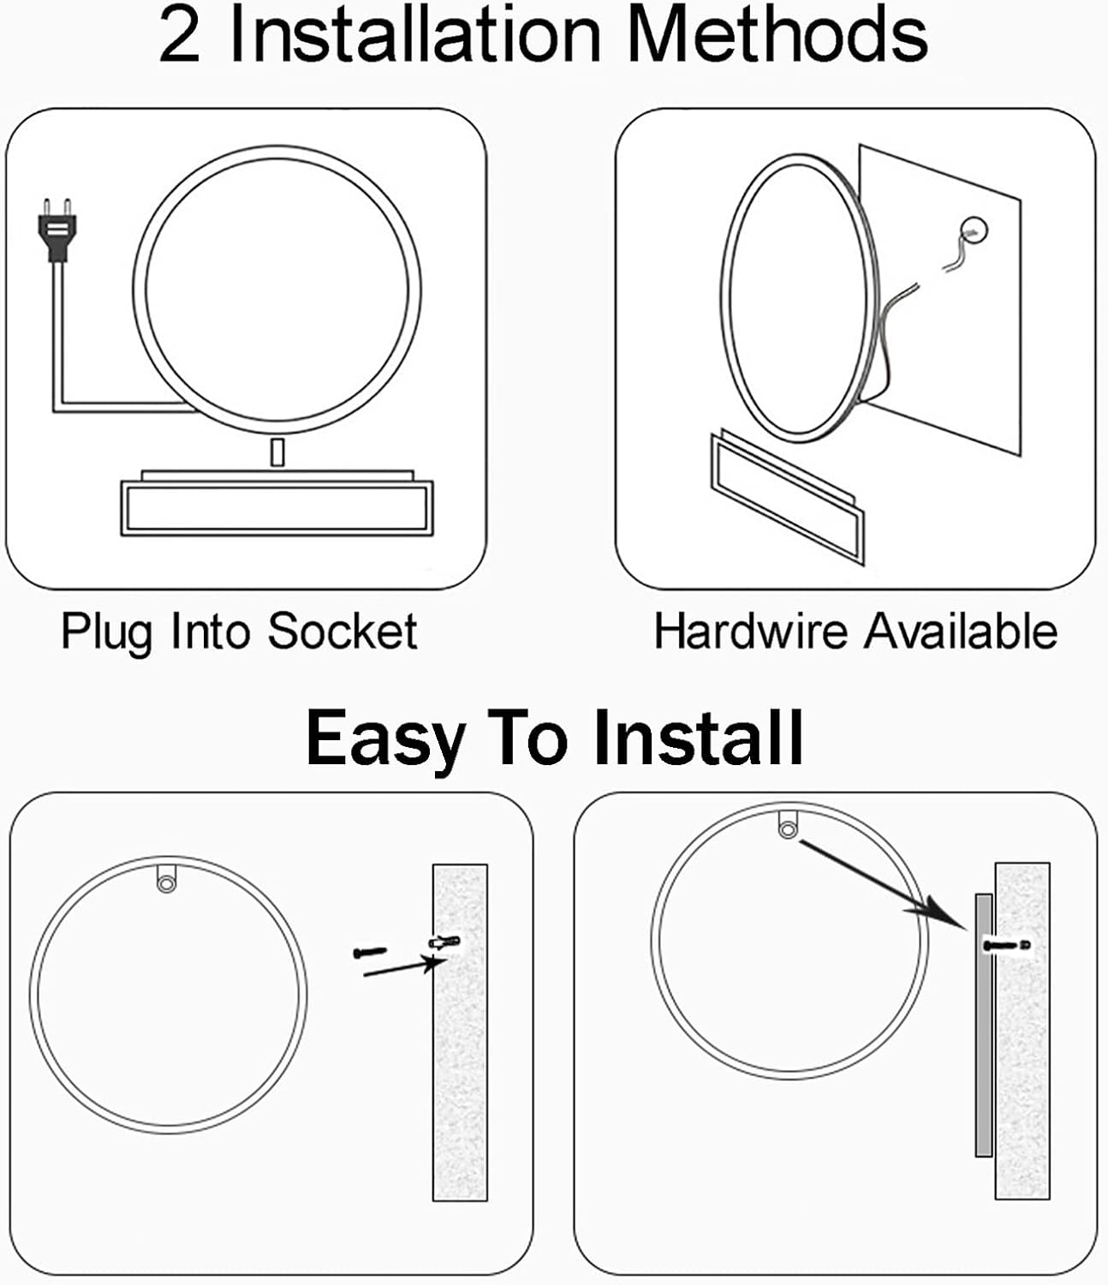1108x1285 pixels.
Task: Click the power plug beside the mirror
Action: [57, 230]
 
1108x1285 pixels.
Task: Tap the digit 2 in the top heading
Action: [180, 37]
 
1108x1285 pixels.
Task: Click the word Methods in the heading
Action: [777, 35]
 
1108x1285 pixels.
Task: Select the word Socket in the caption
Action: [343, 631]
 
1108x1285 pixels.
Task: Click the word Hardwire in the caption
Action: [751, 631]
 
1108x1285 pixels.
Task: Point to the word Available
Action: [961, 631]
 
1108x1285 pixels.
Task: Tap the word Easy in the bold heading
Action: [385, 740]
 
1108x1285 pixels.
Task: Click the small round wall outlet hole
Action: [974, 230]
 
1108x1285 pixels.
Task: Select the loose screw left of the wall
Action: [371, 952]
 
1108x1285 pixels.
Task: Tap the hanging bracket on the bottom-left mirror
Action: [166, 878]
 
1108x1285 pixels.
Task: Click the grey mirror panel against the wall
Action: [984, 1025]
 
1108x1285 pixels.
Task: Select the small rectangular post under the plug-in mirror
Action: [277, 452]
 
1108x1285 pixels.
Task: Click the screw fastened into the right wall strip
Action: [1007, 946]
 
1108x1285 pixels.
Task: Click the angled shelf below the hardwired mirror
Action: [788, 498]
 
